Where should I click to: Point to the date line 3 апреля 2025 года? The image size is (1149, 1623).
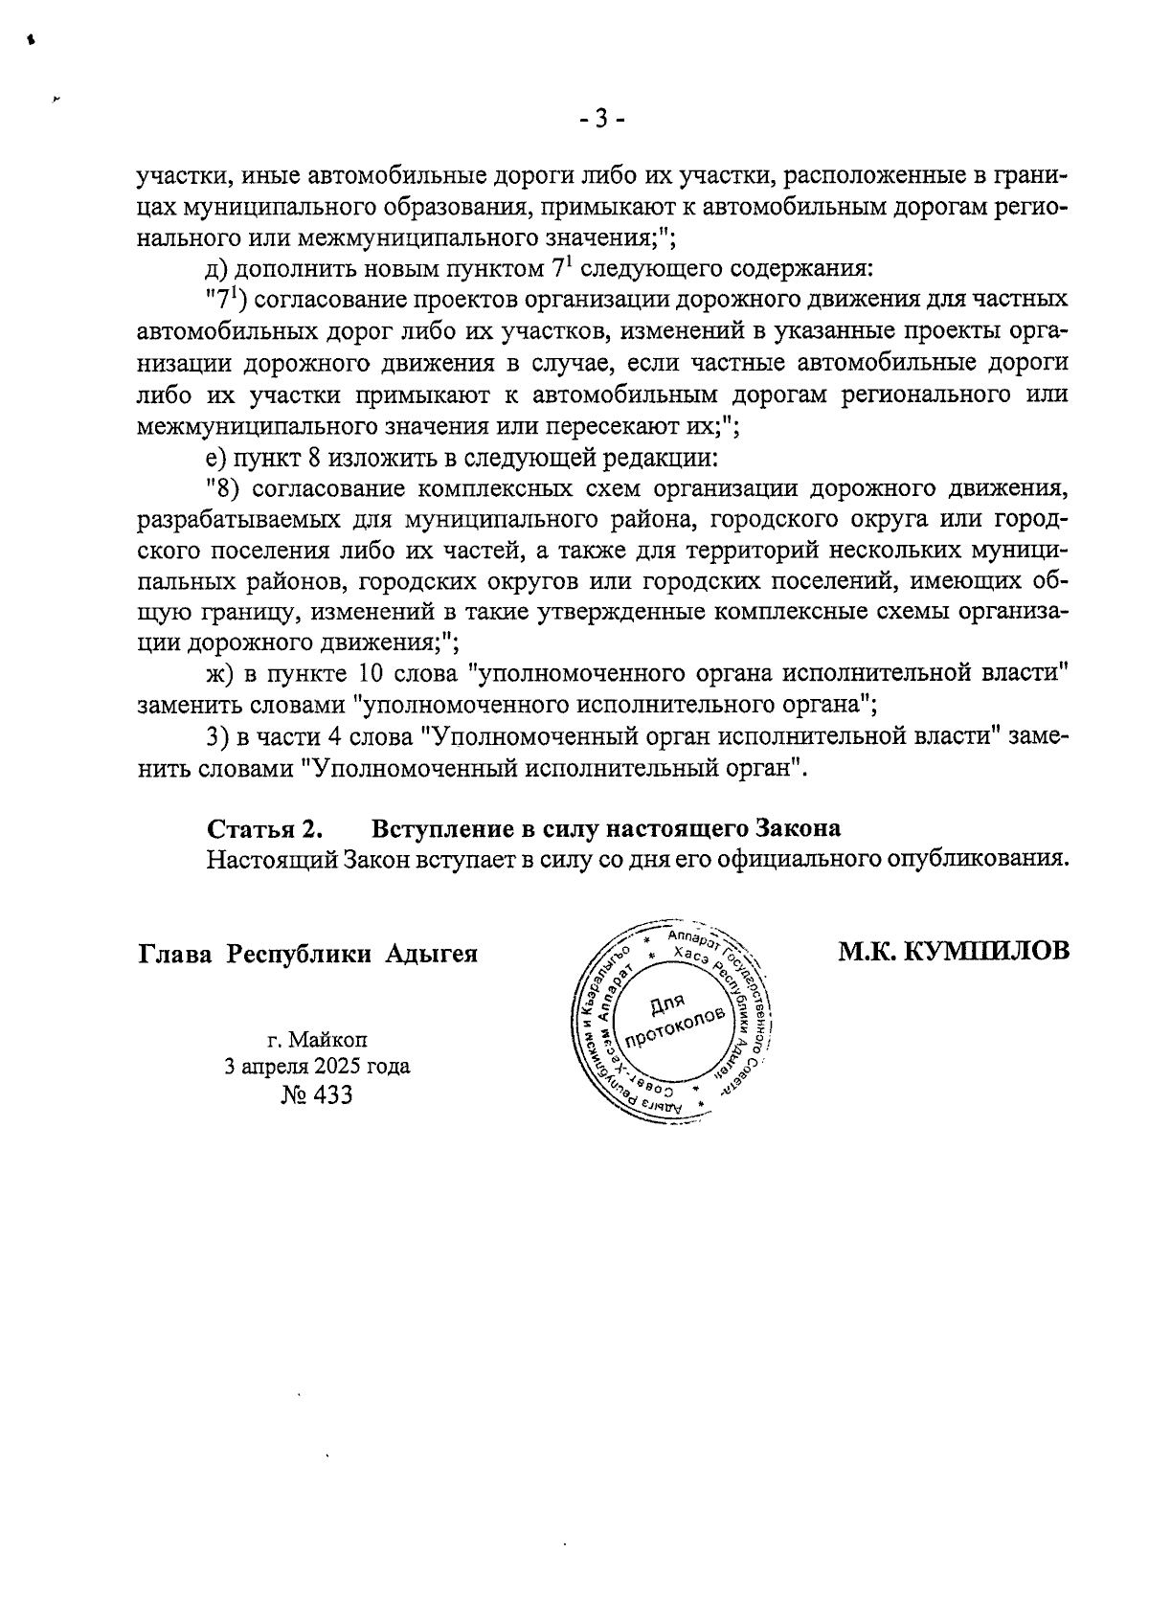317,1067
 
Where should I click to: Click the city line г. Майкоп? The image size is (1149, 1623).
317,1039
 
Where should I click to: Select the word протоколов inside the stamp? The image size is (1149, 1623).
670,1029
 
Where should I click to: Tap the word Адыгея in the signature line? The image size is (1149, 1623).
431,955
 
